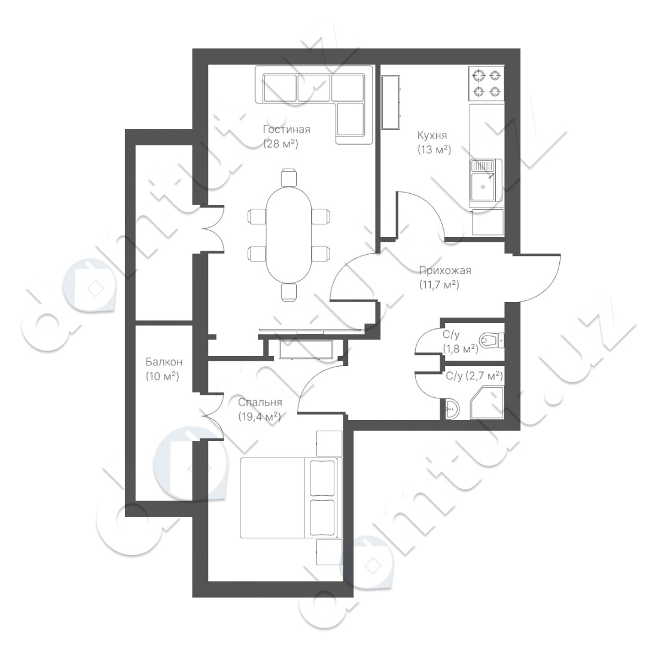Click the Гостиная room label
click(287, 129)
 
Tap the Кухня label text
click(432, 135)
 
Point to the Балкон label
click(163, 362)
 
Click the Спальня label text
click(260, 403)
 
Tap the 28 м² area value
click(281, 144)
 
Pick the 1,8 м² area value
click(461, 349)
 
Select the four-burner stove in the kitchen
click(486, 83)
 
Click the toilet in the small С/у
click(492, 340)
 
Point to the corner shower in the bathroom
click(487, 403)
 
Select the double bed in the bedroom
click(291, 498)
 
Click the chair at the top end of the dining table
click(288, 178)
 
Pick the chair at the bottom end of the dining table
click(288, 292)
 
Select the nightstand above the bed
click(329, 443)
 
